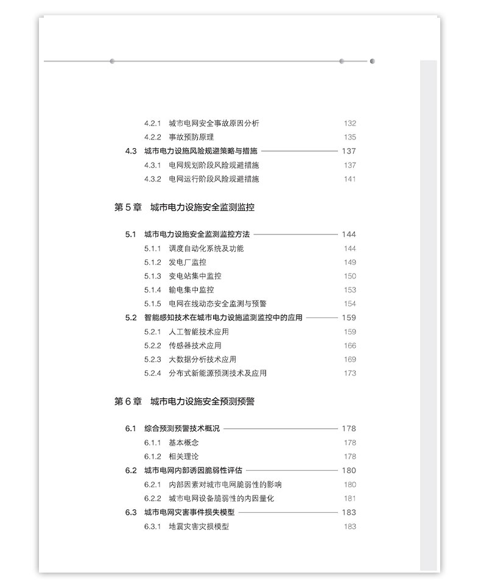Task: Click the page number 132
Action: click(x=349, y=123)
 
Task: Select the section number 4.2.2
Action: click(x=152, y=137)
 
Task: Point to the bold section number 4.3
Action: click(x=131, y=151)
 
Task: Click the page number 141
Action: click(x=349, y=179)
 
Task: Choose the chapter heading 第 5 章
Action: click(x=128, y=207)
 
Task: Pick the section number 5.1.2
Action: click(x=152, y=263)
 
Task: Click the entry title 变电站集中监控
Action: click(x=195, y=277)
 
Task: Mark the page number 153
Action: click(x=349, y=290)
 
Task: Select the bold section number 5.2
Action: click(x=131, y=317)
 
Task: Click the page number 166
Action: click(x=349, y=346)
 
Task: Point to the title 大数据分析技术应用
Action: click(x=202, y=359)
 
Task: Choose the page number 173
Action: click(x=349, y=373)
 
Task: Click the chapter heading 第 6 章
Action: click(x=128, y=401)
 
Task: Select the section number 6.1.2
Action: click(x=152, y=456)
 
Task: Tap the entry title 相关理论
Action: click(x=184, y=456)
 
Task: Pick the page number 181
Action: click(x=349, y=498)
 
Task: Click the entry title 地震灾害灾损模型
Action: click(x=198, y=526)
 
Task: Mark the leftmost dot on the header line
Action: click(x=112, y=61)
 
